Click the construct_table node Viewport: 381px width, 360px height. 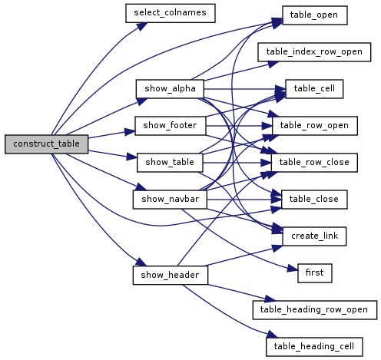click(x=46, y=144)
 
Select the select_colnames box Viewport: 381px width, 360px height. click(x=171, y=13)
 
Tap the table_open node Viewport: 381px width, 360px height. click(x=315, y=15)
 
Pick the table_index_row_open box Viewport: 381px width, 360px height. click(x=314, y=52)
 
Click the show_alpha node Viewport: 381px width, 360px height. click(x=170, y=89)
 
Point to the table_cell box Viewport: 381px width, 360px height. click(x=314, y=89)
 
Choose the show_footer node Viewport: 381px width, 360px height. click(x=171, y=126)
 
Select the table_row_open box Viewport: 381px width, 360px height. click(x=315, y=126)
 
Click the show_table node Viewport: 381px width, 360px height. click(x=170, y=163)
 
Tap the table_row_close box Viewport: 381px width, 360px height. click(x=314, y=163)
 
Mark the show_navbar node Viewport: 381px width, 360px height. click(x=170, y=200)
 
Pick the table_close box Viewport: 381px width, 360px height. click(x=314, y=200)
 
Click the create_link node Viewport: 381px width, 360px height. click(x=314, y=236)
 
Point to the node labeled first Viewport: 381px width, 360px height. click(x=315, y=273)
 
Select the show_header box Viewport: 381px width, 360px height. click(x=171, y=275)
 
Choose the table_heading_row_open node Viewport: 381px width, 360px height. click(x=315, y=310)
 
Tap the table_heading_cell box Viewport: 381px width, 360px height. click(x=314, y=347)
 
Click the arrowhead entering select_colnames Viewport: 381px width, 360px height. click(x=142, y=26)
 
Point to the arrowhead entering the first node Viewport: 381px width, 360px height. click(x=293, y=269)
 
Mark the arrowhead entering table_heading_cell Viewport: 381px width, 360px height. click(x=272, y=335)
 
